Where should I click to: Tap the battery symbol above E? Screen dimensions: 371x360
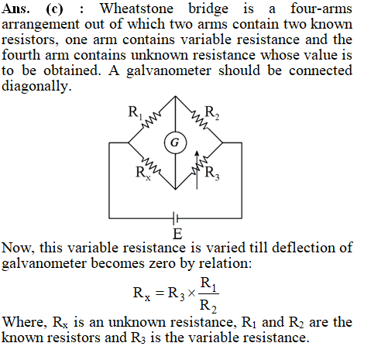pos(176,218)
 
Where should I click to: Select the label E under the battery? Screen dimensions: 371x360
pos(177,234)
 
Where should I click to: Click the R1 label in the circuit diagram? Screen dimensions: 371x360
pos(135,113)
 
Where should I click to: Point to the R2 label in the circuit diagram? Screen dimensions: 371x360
pos(212,113)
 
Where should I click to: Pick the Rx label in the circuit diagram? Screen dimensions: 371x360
pos(143,173)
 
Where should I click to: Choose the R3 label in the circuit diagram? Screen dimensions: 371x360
pos(212,173)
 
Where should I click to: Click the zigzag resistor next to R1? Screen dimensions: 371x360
pos(151,119)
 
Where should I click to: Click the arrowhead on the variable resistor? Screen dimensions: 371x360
pos(197,154)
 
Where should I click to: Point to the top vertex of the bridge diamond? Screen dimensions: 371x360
pos(176,96)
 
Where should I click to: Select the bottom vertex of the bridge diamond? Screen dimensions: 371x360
pos(176,189)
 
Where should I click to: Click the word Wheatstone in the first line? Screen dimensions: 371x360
pos(136,9)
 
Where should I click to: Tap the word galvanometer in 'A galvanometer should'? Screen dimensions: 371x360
pos(169,71)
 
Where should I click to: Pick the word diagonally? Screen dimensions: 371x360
pos(36,86)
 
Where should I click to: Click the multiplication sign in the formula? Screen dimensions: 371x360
pos(191,293)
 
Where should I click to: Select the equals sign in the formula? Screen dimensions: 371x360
pos(160,293)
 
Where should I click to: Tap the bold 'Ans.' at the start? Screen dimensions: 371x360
pos(15,9)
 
